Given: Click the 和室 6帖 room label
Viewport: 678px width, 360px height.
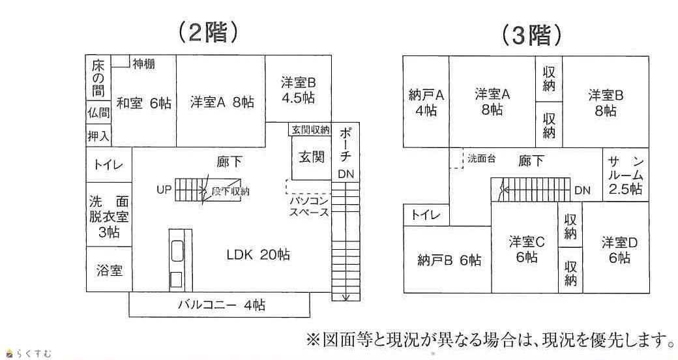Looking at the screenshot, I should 144,102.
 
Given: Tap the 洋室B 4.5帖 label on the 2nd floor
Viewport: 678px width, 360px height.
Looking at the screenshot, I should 298,91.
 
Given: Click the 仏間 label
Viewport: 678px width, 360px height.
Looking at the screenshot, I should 98,112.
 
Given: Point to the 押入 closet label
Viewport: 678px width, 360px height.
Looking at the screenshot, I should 98,136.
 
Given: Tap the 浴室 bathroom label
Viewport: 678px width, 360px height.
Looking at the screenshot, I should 109,270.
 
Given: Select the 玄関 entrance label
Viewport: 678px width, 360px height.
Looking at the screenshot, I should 312,157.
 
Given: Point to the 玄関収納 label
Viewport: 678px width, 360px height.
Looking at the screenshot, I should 310,130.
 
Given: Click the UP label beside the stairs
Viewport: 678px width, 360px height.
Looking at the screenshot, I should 164,190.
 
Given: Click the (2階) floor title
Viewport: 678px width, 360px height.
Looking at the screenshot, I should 207,33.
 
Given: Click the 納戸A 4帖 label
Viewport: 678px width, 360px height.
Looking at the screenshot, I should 426,102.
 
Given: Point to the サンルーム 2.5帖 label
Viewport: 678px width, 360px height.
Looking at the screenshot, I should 626,175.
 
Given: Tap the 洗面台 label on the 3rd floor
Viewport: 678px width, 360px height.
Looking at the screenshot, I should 481,158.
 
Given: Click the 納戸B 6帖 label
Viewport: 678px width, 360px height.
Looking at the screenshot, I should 449,261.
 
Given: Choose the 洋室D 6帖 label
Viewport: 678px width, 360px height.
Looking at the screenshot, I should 617,250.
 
